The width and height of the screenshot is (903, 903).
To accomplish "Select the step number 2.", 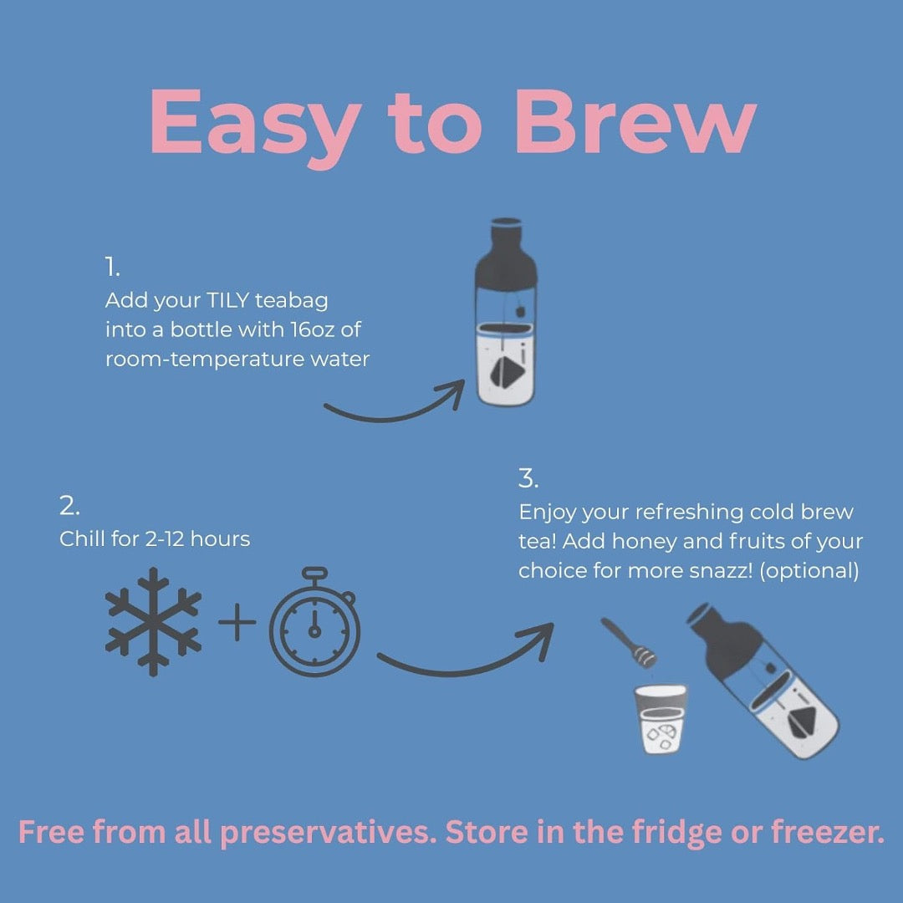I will pos(69,507).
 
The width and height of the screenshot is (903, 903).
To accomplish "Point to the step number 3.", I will pos(528,479).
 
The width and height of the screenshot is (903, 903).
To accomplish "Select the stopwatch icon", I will pos(315,620).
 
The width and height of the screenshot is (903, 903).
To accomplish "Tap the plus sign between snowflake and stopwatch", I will pos(237,624).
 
